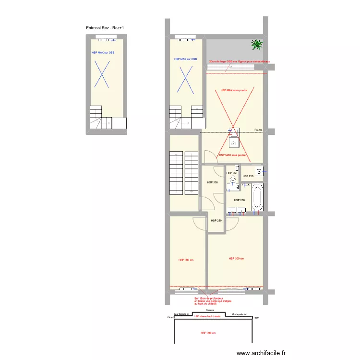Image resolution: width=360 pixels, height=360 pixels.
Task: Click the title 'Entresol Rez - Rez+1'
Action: coord(105,28)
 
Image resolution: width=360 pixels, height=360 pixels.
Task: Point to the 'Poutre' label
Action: coord(258,130)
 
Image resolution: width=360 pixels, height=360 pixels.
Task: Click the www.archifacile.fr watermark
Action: coord(261,353)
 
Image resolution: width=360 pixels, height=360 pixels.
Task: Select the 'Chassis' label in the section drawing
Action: coord(210,311)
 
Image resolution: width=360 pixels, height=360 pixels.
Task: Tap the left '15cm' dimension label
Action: coord(169,317)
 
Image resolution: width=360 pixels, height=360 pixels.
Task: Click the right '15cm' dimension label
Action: coord(256,317)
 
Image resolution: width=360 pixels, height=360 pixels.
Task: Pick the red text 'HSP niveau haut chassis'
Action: coord(207,317)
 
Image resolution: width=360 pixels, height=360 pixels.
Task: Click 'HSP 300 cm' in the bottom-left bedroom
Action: coord(186,260)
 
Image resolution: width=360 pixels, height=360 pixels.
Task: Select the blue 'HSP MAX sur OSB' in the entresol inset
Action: coord(103,53)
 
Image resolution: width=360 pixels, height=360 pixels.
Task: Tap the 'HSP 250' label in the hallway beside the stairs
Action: coord(212,182)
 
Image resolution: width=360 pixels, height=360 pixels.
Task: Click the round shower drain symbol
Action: coord(259,170)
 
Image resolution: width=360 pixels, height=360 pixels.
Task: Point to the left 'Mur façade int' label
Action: coord(183,314)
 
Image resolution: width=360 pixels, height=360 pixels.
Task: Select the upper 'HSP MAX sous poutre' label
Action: coord(233,90)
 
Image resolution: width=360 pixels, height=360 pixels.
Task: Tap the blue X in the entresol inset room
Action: coord(103,74)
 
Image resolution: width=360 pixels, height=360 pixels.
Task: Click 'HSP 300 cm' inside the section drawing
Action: coord(208,333)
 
